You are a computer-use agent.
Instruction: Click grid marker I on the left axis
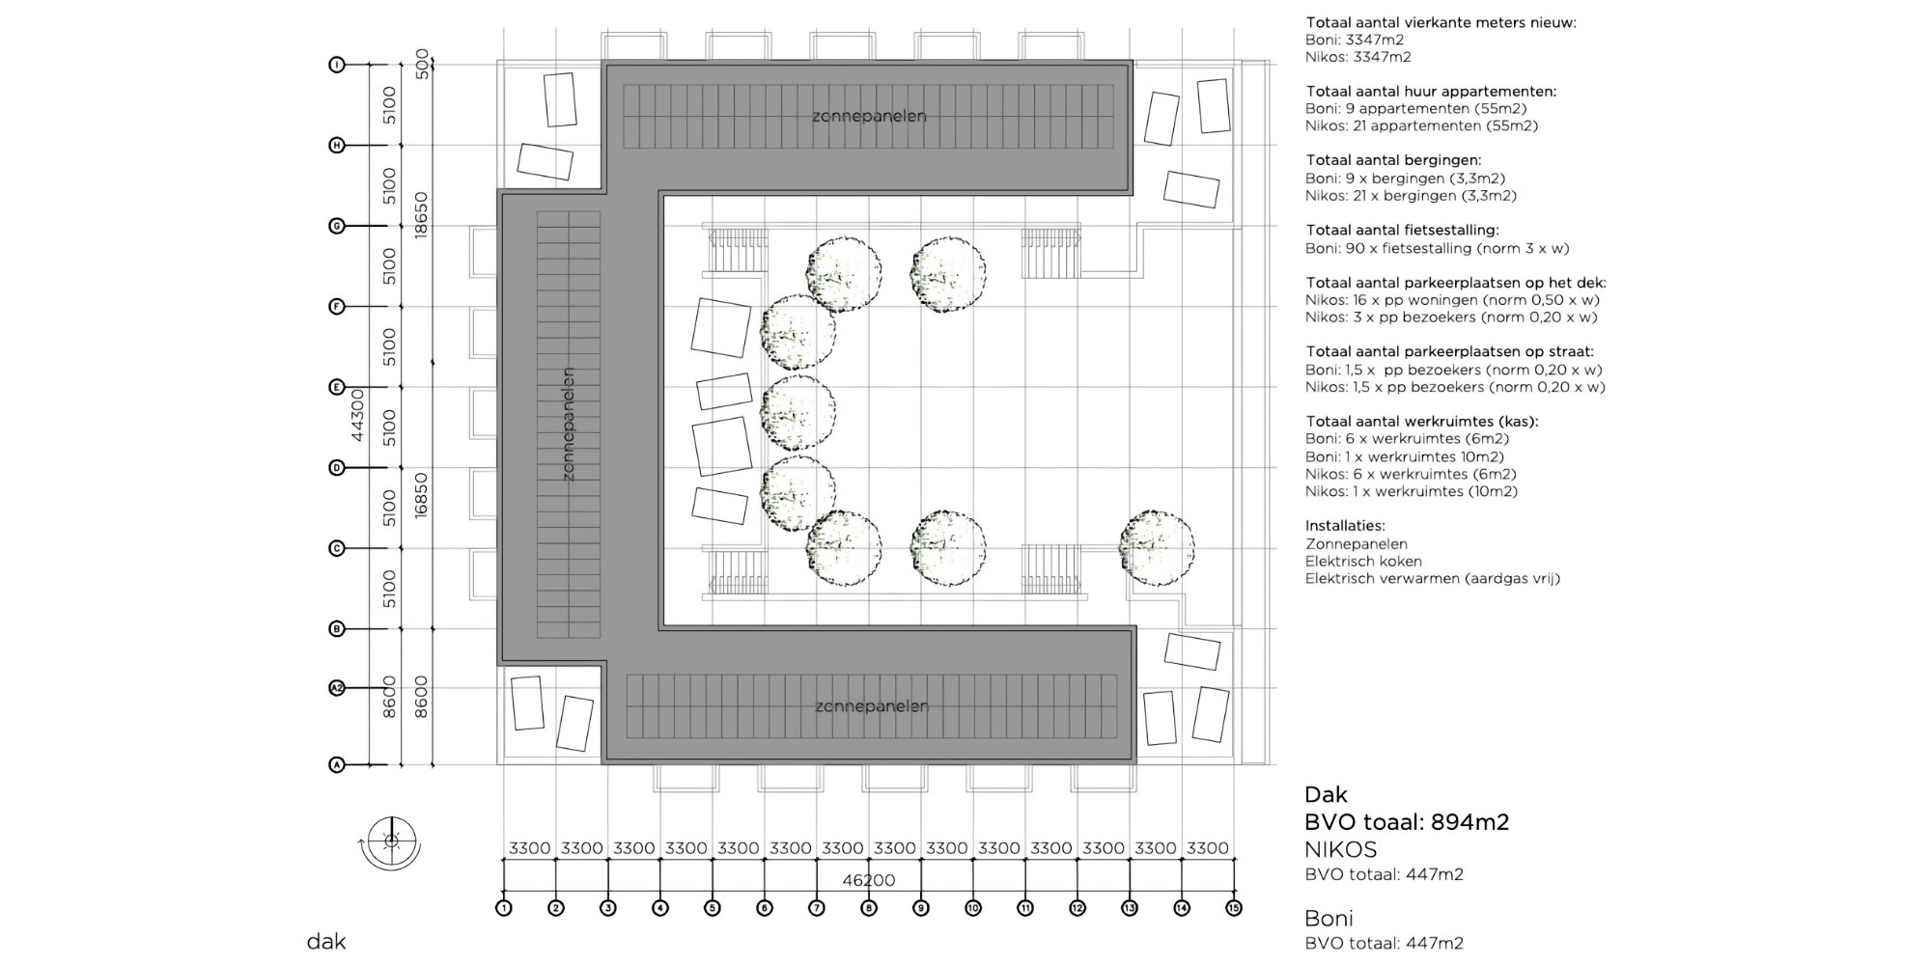[337, 65]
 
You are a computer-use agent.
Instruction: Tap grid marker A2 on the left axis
[337, 688]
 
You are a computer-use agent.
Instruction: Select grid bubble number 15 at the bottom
[1233, 908]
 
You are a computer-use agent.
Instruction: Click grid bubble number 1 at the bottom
[503, 908]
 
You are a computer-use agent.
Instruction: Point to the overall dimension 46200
[868, 880]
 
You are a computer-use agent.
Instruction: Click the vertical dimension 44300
[357, 415]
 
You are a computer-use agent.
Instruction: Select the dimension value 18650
[421, 215]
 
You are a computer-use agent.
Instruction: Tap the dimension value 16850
[421, 495]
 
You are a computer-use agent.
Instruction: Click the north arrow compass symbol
[391, 841]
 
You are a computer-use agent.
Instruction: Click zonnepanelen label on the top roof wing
[869, 116]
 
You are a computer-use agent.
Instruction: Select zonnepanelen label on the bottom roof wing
[872, 706]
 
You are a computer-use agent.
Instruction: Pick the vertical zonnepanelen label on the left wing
[568, 425]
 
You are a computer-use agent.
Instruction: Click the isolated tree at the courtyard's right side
[1157, 547]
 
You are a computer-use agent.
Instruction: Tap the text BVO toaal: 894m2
[1406, 822]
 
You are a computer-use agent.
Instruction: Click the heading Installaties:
[1345, 526]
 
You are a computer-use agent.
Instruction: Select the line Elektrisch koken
[1363, 561]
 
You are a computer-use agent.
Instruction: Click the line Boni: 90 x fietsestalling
[1437, 248]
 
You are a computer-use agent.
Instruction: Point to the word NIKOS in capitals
[1340, 849]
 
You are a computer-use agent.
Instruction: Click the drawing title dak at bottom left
[326, 942]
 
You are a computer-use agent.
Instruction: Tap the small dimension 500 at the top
[422, 64]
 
